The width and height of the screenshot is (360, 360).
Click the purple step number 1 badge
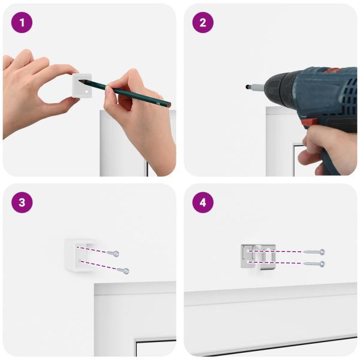pos(22,23)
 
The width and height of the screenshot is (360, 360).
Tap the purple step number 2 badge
pos(203,23)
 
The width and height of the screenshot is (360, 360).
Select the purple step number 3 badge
pos(22,203)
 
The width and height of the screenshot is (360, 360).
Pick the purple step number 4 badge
pos(203,203)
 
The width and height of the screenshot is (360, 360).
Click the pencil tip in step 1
pos(79,80)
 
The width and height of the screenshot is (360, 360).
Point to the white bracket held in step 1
pos(82,86)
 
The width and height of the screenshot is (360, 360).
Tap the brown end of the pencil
pos(169,105)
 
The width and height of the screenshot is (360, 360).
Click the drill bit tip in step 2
pos(247,87)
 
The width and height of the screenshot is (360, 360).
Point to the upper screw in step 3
pos(113,253)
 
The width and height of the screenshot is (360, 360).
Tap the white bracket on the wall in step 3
pos(79,255)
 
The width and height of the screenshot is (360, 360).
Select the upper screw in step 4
pos(314,252)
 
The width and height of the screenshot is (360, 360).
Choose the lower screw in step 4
pos(314,264)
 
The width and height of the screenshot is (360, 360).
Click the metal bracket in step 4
pos(258,256)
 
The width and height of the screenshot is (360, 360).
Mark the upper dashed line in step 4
pos(275,251)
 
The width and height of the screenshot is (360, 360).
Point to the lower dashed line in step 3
pos(98,265)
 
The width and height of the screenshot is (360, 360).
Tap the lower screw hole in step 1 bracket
pos(87,91)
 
